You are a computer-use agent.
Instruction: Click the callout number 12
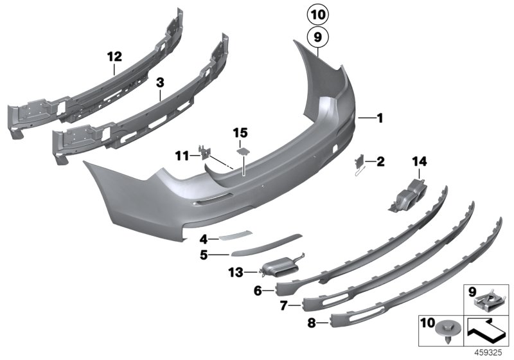(x=114, y=57)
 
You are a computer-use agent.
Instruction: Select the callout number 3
(x=160, y=82)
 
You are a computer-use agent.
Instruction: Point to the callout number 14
(x=421, y=161)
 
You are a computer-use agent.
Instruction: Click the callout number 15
(x=240, y=132)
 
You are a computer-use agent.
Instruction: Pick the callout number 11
(x=182, y=155)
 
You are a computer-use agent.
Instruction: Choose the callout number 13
(x=235, y=273)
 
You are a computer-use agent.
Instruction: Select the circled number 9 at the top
(x=317, y=39)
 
